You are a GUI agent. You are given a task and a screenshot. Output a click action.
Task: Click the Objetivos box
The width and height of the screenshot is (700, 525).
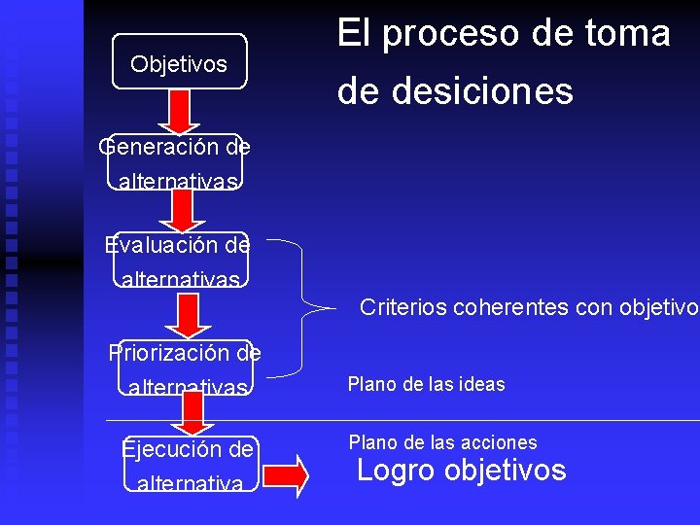(x=179, y=62)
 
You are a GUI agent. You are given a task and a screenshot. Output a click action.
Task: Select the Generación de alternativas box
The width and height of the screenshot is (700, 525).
(x=176, y=162)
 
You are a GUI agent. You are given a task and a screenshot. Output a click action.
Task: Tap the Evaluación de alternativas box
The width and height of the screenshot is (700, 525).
(x=180, y=261)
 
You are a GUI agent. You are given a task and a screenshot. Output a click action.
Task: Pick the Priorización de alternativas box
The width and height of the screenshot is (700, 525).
(x=185, y=367)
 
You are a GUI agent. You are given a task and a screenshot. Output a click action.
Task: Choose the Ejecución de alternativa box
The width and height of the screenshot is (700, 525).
(x=191, y=465)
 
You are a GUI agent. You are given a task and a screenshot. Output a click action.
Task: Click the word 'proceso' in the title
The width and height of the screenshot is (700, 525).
(x=437, y=34)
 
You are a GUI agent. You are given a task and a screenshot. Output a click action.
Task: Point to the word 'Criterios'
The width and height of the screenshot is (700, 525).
(x=402, y=307)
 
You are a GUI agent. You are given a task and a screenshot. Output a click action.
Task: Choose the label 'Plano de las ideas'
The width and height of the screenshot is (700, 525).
(x=426, y=384)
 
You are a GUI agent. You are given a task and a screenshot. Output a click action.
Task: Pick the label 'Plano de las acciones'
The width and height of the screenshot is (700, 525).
(x=442, y=442)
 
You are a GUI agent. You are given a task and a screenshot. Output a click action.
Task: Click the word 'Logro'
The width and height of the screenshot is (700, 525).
(x=397, y=471)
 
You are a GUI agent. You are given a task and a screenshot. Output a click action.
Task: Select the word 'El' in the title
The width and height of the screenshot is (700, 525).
(x=353, y=34)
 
